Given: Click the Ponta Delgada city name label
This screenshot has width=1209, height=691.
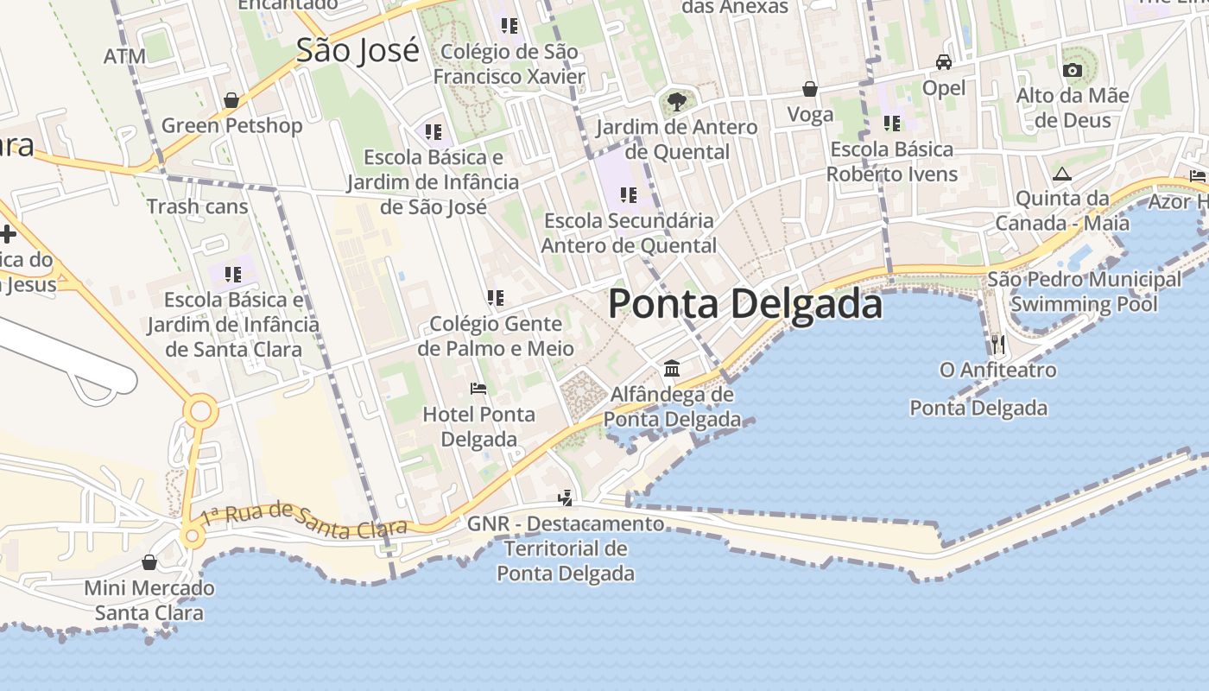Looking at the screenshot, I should tap(745, 304).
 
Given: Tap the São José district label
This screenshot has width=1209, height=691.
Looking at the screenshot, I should tap(358, 50).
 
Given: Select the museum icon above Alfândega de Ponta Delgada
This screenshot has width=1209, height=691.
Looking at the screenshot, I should tap(672, 369).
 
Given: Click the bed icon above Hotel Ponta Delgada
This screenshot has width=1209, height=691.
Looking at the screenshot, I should tap(478, 389).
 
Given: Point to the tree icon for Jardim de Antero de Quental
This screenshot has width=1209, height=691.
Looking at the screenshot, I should tap(677, 102).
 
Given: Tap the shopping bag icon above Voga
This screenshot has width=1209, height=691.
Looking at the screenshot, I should tap(810, 88).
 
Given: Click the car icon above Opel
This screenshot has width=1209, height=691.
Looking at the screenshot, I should tap(944, 62).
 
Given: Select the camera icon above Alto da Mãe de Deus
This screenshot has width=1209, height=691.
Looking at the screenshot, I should tap(1073, 70).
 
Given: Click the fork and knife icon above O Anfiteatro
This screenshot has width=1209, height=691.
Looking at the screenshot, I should tap(997, 344).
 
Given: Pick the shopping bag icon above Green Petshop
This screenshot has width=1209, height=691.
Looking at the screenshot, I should tap(231, 100).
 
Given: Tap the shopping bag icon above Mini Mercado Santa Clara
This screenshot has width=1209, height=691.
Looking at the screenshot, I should tap(149, 562).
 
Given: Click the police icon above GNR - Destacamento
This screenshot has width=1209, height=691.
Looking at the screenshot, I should tap(565, 498).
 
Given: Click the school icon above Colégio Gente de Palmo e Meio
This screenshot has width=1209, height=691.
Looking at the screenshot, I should tap(495, 298).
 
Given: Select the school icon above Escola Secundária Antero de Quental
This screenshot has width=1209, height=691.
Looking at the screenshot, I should tap(629, 194).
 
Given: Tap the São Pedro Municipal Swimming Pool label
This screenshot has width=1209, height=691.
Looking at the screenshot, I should tap(1084, 292).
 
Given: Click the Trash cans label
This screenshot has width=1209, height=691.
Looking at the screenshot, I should tap(197, 206).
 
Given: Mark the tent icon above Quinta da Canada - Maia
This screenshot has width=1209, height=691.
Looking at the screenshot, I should tap(1062, 174).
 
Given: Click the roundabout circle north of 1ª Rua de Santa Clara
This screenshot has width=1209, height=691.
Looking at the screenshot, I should tap(200, 410).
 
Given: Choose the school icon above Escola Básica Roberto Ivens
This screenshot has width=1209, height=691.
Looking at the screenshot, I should tap(891, 124).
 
